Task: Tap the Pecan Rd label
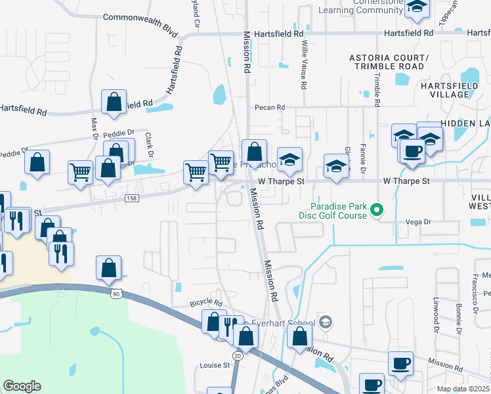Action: click(x=270, y=107)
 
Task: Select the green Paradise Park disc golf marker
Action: click(x=376, y=210)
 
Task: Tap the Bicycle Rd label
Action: click(x=206, y=303)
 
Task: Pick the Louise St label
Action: click(x=215, y=364)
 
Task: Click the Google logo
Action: click(x=22, y=386)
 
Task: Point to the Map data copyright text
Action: click(x=463, y=389)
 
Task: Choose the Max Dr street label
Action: click(x=94, y=124)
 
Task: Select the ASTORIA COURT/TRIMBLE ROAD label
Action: click(x=387, y=62)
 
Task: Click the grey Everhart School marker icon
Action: click(x=326, y=322)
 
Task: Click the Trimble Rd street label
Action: click(x=377, y=89)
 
